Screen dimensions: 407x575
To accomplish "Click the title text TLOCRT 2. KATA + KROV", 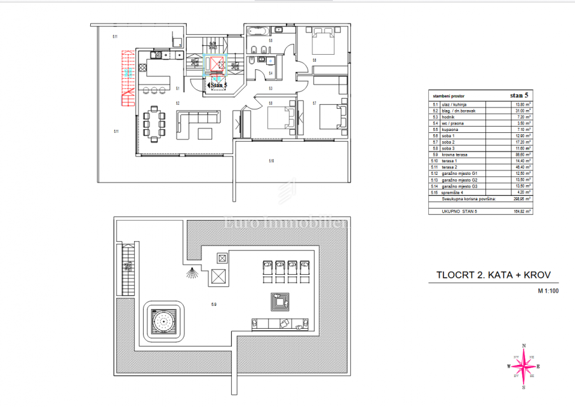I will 489,275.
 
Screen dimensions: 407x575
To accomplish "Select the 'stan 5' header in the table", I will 519,96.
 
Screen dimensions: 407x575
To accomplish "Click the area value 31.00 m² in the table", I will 522,111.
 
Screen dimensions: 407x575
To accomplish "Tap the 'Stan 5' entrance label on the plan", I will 217,83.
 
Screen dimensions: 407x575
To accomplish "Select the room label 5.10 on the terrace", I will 271,162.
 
